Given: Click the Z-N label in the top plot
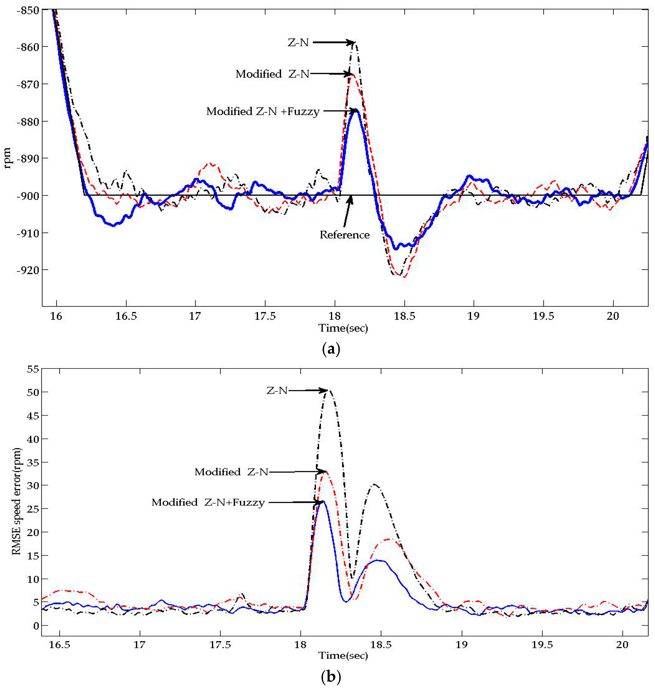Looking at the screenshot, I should [298, 43].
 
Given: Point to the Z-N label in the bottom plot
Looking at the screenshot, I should [277, 390].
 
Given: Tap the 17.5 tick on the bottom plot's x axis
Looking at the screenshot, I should [220, 645].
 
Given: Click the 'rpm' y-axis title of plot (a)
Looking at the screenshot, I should [8, 158].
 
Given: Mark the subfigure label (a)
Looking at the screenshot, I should [330, 349].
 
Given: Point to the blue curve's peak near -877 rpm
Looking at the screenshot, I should [356, 110].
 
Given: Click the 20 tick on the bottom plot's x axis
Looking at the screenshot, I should [622, 645].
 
